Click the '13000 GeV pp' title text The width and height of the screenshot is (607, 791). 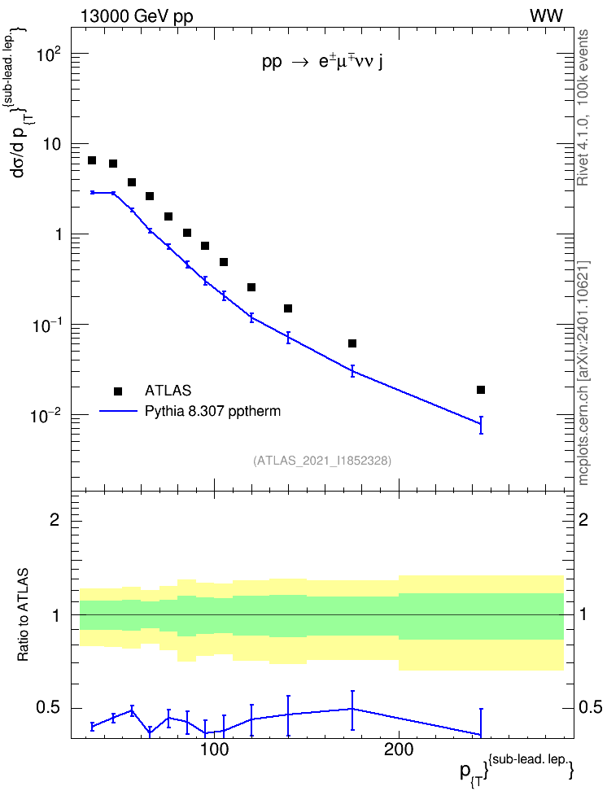(137, 16)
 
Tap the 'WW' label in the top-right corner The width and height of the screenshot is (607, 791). (546, 16)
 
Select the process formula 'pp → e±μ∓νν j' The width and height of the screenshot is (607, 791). (322, 62)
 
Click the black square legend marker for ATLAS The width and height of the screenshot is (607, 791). (118, 391)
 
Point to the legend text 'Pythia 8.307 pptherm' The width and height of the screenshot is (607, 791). (212, 411)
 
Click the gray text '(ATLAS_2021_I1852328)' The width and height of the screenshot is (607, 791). (322, 460)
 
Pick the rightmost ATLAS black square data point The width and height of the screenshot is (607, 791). (481, 390)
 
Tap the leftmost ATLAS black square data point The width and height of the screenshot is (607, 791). (92, 160)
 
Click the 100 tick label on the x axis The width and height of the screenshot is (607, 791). (215, 749)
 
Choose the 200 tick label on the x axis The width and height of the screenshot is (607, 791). (399, 749)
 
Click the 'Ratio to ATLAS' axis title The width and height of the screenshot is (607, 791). (23, 614)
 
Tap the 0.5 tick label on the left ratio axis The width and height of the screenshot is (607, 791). (50, 708)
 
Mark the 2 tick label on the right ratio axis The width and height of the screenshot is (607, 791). (583, 519)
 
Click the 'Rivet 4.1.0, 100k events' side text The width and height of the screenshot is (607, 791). (583, 107)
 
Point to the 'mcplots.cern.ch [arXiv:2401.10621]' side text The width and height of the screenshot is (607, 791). (583, 373)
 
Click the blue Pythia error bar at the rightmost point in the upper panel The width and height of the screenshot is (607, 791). (481, 425)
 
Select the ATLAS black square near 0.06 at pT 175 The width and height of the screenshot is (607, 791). (352, 343)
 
